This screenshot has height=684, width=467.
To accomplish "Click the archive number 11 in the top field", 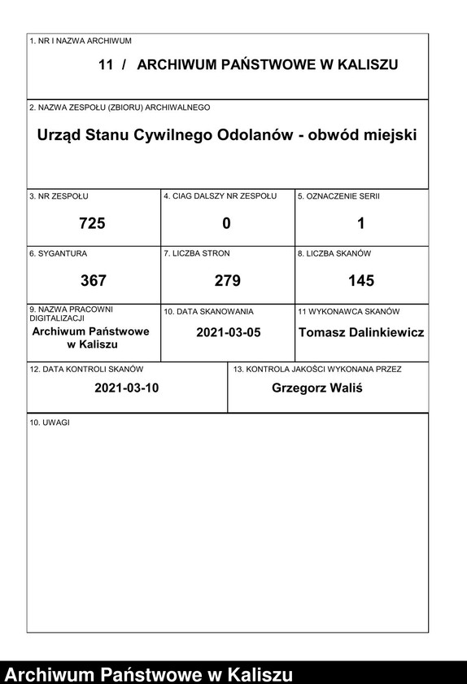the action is pos(105,65).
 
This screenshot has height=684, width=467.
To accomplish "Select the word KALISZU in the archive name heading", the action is pos(365,65).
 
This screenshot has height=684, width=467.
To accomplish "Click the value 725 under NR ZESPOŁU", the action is pos(93,223).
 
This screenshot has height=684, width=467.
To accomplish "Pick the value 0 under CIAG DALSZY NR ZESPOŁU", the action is pos(227,223).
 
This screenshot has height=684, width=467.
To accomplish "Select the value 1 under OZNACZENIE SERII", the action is pos(361,223).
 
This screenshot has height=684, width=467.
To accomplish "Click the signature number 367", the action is pos(93,281).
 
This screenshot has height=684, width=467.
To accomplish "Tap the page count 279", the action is pos(227,281).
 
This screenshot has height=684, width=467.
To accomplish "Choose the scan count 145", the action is pos(361,281).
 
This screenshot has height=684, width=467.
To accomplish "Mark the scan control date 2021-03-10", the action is pos(126,388).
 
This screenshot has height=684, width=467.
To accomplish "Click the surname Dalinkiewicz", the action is pos(387,332).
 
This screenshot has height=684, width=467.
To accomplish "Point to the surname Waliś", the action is pos(346,388).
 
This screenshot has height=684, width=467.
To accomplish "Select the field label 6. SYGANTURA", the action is pos(58,253).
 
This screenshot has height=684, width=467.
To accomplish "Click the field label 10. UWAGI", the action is pos(50,422).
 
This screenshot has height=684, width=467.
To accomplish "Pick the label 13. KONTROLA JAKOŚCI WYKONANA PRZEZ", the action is pos(316,369).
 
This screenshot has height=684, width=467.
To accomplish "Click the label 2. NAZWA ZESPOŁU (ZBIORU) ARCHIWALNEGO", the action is pos(120,107).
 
